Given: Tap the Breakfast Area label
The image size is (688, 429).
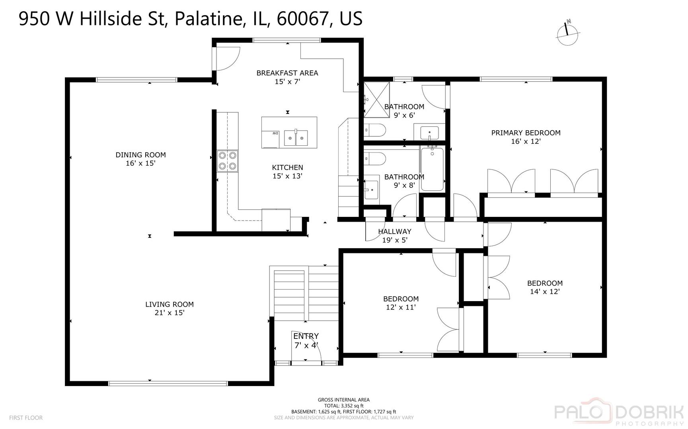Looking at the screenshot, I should pyautogui.click(x=287, y=77).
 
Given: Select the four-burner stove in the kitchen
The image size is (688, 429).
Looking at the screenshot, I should pyautogui.click(x=227, y=161).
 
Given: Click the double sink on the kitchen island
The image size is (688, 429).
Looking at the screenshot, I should pyautogui.click(x=296, y=138).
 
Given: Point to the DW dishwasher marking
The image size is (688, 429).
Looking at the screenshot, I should pyautogui.click(x=275, y=133).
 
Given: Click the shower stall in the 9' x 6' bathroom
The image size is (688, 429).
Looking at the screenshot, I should pyautogui.click(x=376, y=100).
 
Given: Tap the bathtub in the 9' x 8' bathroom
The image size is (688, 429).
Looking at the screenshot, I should pyautogui.click(x=432, y=168).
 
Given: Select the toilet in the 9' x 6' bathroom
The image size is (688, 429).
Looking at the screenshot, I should pyautogui.click(x=375, y=130).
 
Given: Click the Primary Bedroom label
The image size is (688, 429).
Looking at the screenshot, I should pyautogui.click(x=526, y=137).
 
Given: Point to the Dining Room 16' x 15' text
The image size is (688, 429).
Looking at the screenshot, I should pyautogui.click(x=140, y=159).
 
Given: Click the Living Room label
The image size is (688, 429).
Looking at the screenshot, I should pyautogui.click(x=169, y=308).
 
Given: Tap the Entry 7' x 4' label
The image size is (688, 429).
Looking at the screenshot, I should pyautogui.click(x=306, y=341).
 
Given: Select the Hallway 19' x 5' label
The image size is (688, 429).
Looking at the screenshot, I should pyautogui.click(x=394, y=236).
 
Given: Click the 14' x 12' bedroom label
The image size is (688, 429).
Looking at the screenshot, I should pyautogui.click(x=545, y=287).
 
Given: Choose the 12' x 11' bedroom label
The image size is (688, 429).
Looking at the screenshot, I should pyautogui.click(x=401, y=303).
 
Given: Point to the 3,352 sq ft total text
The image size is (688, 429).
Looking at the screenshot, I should pyautogui.click(x=344, y=406).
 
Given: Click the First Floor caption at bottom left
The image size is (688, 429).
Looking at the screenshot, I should pyautogui.click(x=26, y=417).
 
